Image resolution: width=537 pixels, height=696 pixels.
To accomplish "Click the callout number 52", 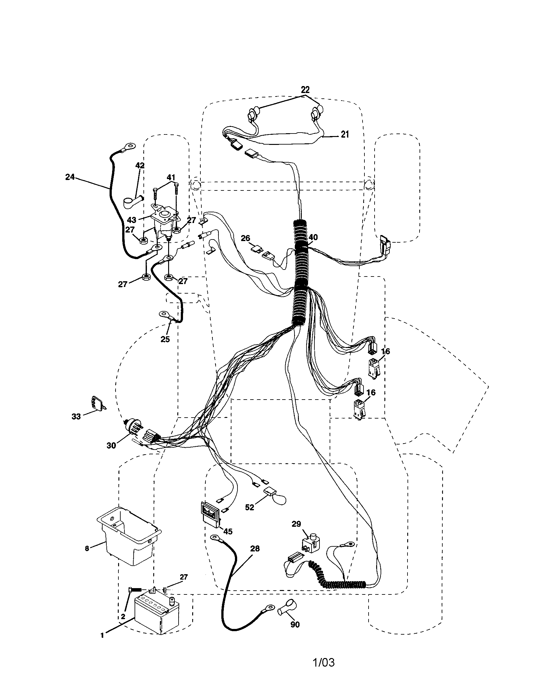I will pyautogui.click(x=250, y=508).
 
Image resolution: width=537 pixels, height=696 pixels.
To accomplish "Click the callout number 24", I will pyautogui.click(x=70, y=177).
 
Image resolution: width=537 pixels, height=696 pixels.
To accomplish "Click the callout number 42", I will pyautogui.click(x=140, y=165).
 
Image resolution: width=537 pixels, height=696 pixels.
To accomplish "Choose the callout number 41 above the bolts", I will pyautogui.click(x=171, y=177).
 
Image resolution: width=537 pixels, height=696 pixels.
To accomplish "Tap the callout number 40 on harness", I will pyautogui.click(x=313, y=237).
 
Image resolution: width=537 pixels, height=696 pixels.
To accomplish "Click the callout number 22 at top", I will pyautogui.click(x=305, y=90).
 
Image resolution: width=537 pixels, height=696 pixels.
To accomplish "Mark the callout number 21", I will pyautogui.click(x=345, y=134).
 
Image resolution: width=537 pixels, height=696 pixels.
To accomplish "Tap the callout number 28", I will pyautogui.click(x=255, y=549).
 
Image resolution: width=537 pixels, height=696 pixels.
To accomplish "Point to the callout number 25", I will pyautogui.click(x=165, y=339).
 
